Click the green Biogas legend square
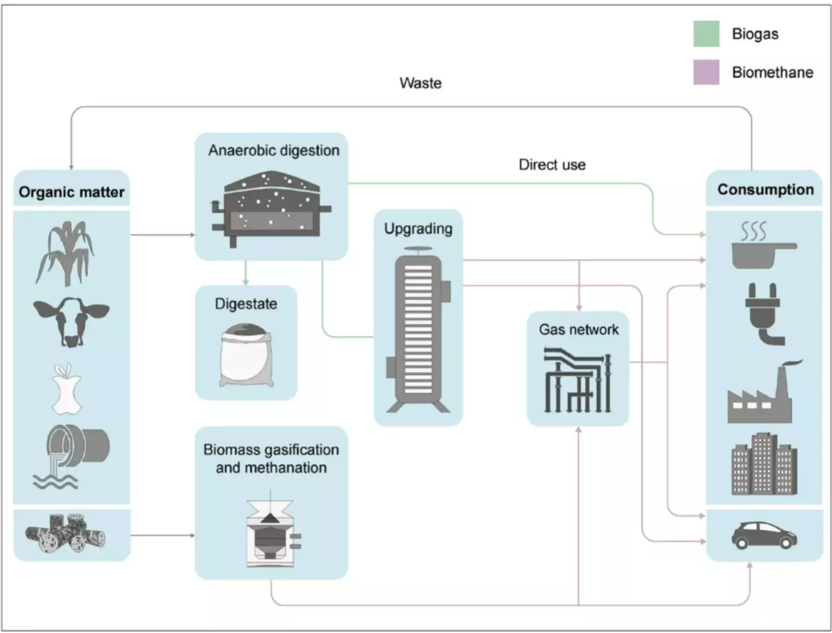[706, 34]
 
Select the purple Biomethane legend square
[706, 72]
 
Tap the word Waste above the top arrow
[420, 83]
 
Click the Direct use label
[552, 165]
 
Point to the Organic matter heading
[71, 192]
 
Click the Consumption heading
[765, 190]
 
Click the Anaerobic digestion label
[274, 150]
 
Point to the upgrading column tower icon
[418, 330]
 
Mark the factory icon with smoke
[763, 393]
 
